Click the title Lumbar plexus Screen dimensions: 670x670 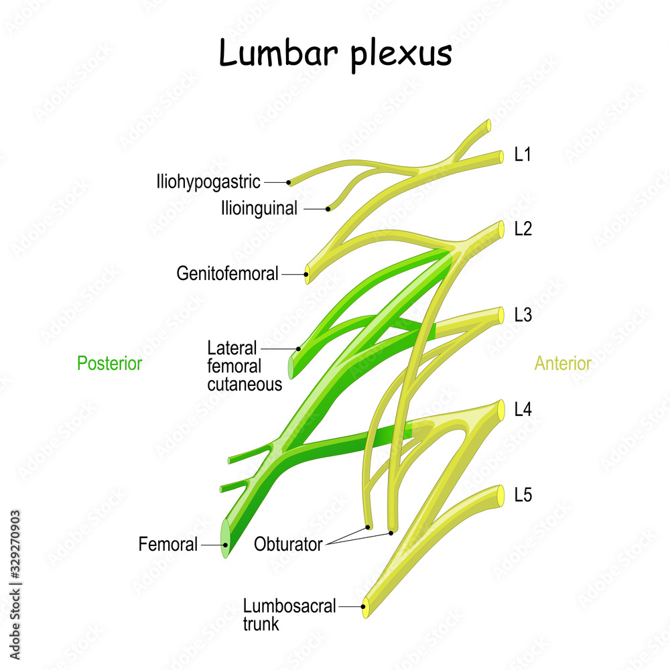[335, 54]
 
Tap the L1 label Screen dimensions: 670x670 [523, 155]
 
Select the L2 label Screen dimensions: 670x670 [523, 228]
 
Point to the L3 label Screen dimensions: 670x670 [523, 314]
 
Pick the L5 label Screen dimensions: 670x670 [523, 495]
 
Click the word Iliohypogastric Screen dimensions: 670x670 [208, 182]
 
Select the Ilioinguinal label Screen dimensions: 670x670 [259, 208]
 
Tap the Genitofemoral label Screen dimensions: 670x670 [227, 273]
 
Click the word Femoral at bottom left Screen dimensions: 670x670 [168, 545]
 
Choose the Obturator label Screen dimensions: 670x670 [288, 544]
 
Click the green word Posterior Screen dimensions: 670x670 [109, 364]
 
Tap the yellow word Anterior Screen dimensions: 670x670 [563, 364]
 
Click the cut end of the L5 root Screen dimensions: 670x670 [500, 495]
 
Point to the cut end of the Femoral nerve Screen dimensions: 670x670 [225, 545]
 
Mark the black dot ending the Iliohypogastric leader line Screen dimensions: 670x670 [289, 182]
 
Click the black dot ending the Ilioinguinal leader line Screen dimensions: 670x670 [328, 209]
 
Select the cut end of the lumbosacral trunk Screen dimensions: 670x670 [365, 607]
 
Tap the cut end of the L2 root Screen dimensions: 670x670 [500, 228]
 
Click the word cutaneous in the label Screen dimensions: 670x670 [245, 385]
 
